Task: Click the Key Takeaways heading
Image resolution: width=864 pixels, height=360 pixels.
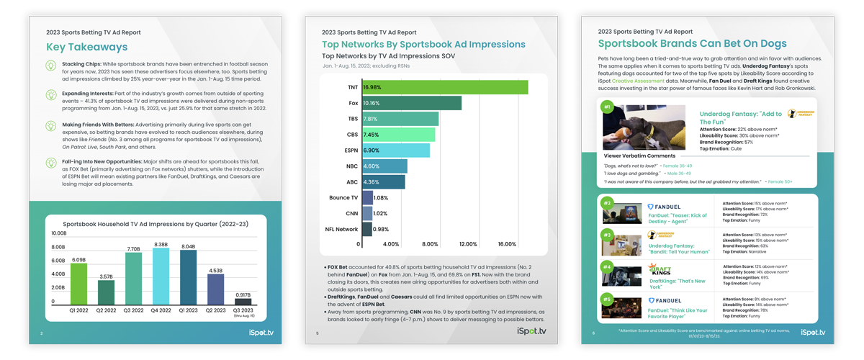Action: [86, 48]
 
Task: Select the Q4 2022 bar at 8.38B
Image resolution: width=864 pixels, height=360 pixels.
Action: [161, 276]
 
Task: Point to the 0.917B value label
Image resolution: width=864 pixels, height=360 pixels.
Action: [243, 295]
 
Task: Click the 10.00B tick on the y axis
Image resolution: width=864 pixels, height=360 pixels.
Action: [58, 234]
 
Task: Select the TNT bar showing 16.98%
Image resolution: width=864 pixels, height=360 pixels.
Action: [445, 87]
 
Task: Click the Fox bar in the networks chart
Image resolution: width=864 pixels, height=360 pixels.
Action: [412, 103]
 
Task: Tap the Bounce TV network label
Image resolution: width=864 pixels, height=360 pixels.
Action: [343, 198]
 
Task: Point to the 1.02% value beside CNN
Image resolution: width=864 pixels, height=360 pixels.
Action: [381, 214]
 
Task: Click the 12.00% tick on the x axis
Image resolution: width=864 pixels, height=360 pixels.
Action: [468, 244]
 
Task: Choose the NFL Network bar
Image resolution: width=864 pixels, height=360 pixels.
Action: [367, 230]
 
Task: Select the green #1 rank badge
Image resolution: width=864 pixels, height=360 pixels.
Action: [607, 107]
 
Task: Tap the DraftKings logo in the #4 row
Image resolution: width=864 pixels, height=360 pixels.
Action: [660, 271]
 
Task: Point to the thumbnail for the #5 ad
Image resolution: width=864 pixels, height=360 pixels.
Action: [621, 307]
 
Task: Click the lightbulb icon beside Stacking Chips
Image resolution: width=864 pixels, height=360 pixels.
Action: [51, 66]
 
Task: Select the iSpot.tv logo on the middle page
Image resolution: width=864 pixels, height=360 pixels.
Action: [531, 332]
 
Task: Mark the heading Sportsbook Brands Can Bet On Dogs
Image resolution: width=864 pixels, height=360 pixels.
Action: [692, 45]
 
